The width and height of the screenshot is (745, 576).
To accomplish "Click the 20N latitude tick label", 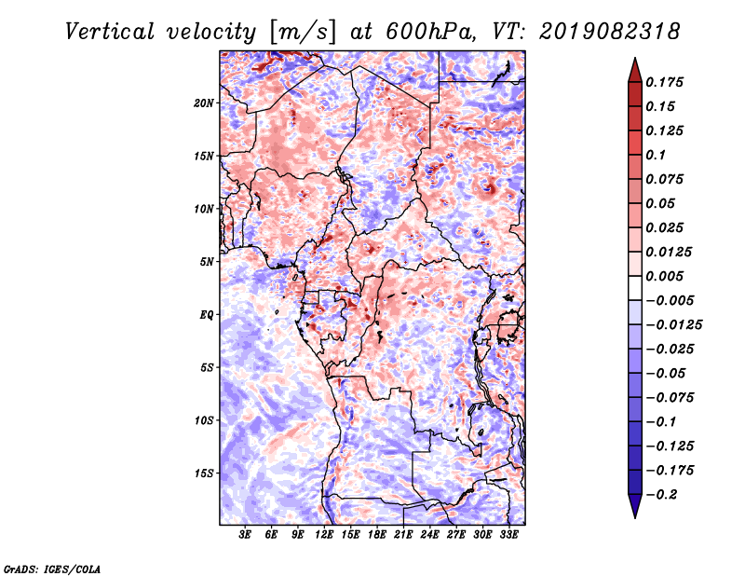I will click(204, 103).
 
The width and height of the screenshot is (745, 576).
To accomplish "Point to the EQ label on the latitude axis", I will click(206, 314).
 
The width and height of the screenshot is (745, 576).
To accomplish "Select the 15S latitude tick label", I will click(204, 473).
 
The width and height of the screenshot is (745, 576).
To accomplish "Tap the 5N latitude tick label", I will click(206, 262).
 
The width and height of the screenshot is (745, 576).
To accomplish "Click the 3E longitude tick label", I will click(246, 535).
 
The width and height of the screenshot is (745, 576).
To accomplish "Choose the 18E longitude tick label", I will click(377, 535).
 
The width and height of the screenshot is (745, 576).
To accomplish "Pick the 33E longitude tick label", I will click(508, 535).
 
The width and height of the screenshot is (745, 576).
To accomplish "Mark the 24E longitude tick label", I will click(429, 535).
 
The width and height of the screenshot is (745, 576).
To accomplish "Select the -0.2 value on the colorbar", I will click(664, 494).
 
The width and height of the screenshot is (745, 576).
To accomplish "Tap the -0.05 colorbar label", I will click(667, 373).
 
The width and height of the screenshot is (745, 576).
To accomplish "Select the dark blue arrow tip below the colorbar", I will click(634, 511).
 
